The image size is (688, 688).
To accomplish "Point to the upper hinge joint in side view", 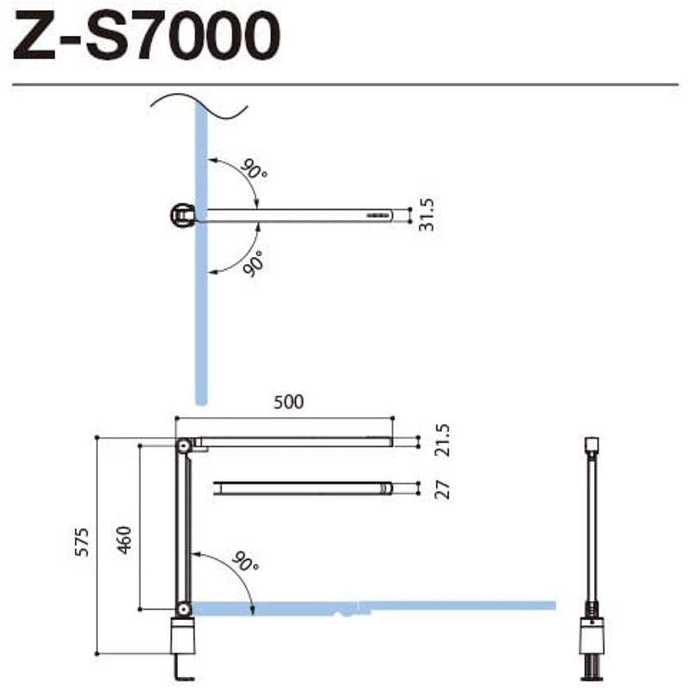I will [x=183, y=445].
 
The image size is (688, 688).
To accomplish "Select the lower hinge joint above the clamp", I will [x=183, y=609].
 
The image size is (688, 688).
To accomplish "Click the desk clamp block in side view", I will [x=183, y=639].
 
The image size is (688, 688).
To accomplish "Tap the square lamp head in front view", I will [x=590, y=445].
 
